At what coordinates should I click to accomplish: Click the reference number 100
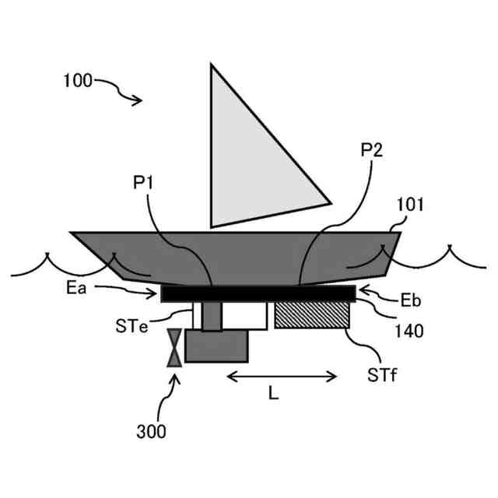(x=78, y=80)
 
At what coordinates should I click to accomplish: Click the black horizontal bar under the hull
(x=258, y=293)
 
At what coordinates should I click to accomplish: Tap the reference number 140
(x=409, y=331)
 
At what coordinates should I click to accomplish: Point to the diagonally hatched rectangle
(x=311, y=315)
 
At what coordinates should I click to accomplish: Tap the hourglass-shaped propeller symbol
(x=175, y=347)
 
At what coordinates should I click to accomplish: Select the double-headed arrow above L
(x=282, y=377)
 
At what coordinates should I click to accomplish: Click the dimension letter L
(x=273, y=394)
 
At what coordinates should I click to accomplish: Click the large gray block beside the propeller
(x=217, y=346)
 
